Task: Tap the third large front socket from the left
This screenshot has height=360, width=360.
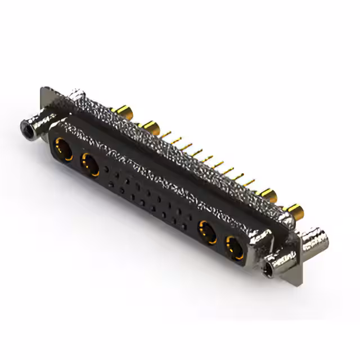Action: click(x=207, y=231)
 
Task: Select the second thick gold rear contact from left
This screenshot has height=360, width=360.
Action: click(x=149, y=125)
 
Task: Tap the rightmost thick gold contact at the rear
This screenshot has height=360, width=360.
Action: click(x=294, y=212)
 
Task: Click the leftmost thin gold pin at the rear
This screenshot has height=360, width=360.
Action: click(x=166, y=134)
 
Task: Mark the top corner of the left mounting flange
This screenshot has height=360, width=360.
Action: click(x=44, y=88)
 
